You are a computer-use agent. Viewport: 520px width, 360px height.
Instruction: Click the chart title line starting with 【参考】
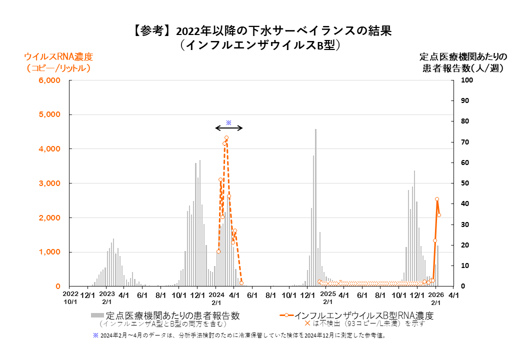click(260, 30)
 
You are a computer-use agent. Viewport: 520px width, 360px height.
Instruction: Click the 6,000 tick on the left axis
click(49, 80)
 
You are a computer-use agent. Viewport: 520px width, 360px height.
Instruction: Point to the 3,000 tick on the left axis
click(49, 183)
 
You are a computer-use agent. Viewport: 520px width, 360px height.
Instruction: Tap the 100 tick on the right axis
click(466, 80)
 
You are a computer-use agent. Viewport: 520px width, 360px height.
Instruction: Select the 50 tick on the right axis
click(465, 183)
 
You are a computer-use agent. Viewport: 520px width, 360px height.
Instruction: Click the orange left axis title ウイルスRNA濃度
click(58, 56)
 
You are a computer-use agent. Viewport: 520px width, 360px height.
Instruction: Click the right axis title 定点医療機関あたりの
click(463, 56)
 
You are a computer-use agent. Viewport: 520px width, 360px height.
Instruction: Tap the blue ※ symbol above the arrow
click(228, 122)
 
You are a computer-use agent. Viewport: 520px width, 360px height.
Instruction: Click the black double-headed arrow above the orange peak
click(229, 128)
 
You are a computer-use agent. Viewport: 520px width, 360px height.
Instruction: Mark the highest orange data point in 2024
click(226, 137)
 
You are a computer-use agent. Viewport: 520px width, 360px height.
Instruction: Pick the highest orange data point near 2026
click(437, 199)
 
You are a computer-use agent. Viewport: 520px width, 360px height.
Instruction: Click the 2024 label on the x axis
click(216, 295)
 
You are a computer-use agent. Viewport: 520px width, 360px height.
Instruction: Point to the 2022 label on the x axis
click(70, 295)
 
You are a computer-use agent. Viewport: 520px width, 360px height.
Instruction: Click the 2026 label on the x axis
click(436, 295)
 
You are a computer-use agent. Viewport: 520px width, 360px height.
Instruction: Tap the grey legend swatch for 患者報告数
click(97, 315)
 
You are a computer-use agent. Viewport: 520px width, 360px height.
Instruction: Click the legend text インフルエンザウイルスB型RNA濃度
click(363, 315)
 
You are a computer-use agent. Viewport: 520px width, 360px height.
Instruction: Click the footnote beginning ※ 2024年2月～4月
click(239, 336)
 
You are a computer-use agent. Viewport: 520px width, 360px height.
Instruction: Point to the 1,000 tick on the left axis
click(49, 252)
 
